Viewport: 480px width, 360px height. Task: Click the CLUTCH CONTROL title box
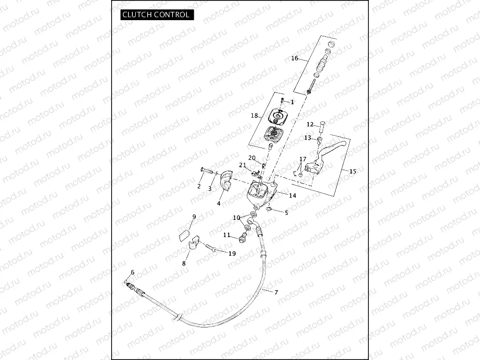coord(156,14)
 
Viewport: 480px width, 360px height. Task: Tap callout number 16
coord(295,59)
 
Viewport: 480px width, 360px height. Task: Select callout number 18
coord(254,116)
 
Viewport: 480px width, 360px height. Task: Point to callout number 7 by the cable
coord(276,293)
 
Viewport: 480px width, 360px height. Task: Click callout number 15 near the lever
coord(353,172)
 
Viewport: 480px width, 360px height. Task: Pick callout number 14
coord(293,196)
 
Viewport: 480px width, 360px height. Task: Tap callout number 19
coord(232,253)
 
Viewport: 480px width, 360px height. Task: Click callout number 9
coord(194,217)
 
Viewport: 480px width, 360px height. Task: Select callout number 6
coord(132,273)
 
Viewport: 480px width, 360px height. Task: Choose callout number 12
coord(310,124)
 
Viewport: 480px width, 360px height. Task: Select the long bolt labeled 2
coord(209,172)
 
